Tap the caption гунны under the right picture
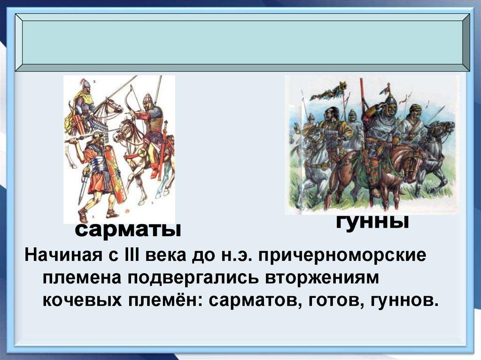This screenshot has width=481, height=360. tap(372, 222)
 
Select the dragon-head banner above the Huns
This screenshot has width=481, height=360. tap(328, 92)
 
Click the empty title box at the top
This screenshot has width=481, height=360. tap(242, 42)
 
